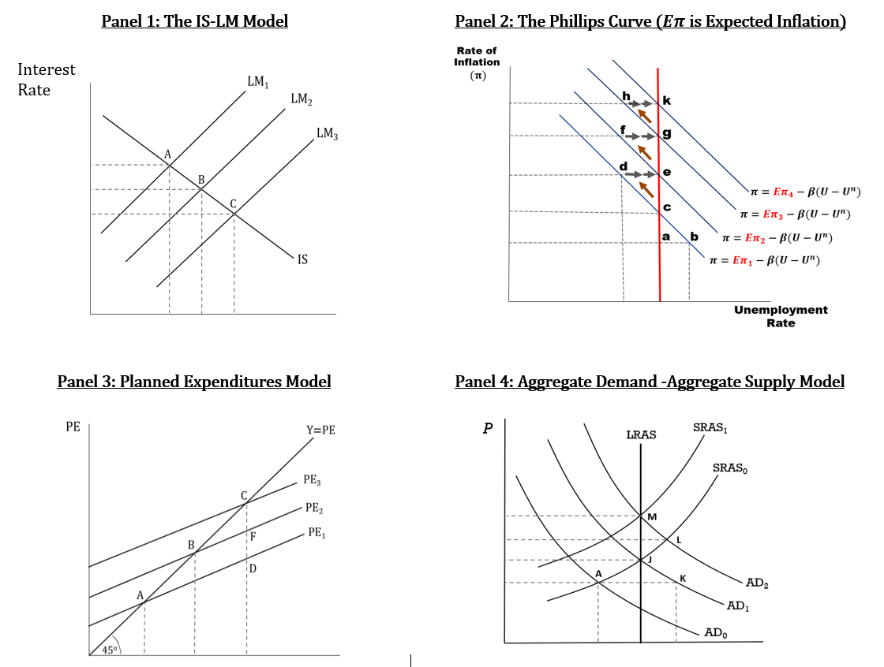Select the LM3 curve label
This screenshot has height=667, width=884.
point(328,133)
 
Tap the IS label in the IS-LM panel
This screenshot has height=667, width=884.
point(303,260)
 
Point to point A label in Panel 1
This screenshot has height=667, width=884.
point(167,153)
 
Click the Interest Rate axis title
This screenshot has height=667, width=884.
point(46,80)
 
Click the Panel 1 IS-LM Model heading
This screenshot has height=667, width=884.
point(194,21)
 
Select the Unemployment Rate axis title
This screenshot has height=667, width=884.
point(781,316)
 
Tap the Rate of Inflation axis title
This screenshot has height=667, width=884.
point(476,63)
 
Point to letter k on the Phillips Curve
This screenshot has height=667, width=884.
point(667,100)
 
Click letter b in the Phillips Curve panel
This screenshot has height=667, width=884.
point(695,237)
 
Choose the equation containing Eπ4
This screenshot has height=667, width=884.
point(804,192)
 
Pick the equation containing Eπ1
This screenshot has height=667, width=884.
point(763,260)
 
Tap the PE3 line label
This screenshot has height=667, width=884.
point(312,479)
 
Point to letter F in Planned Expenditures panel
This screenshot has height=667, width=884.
point(253,537)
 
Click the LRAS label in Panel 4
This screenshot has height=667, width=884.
point(641,434)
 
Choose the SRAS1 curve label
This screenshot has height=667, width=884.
point(710,428)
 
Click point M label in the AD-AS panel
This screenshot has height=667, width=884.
point(651,516)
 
